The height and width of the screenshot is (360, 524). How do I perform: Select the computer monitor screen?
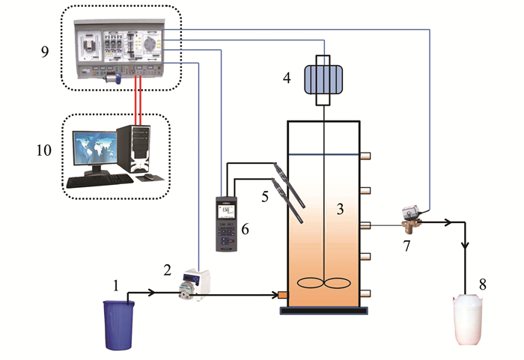click(91, 153)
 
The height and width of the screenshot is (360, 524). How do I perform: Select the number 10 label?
click(46, 150)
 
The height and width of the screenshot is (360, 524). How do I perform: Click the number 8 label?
click(482, 284)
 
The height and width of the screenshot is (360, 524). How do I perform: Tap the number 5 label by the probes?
click(263, 198)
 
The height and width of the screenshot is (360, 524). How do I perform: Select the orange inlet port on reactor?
click(283, 295)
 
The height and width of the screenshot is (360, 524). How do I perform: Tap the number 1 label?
click(116, 284)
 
